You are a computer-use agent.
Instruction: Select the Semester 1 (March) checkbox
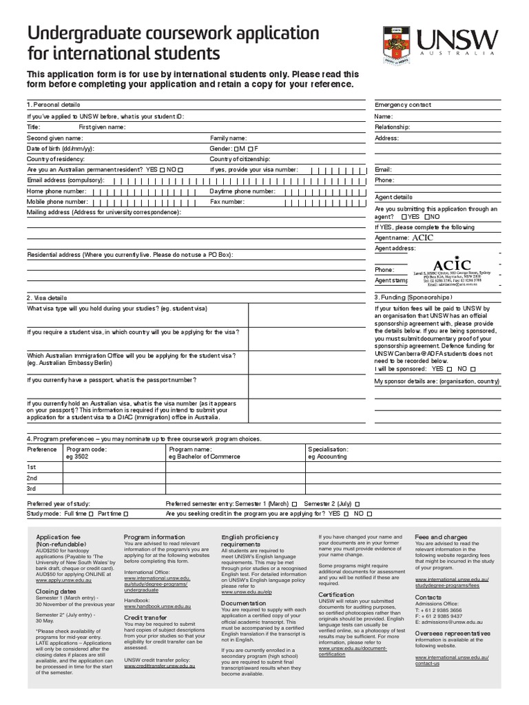[294, 503]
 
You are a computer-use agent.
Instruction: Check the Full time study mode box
[92, 514]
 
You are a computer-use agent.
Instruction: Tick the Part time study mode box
[125, 514]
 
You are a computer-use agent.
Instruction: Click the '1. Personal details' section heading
[53, 105]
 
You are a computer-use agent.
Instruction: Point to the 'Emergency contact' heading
[403, 105]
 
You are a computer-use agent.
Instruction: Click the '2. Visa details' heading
[47, 298]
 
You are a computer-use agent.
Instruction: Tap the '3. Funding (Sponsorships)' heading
[413, 297]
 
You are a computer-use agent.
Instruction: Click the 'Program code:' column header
[86, 449]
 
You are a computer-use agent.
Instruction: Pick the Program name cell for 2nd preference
[234, 478]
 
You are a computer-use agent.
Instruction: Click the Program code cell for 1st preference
[114, 467]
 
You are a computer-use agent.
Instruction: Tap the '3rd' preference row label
[32, 488]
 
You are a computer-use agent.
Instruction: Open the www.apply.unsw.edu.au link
[63, 580]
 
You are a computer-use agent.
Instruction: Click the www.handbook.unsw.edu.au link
[157, 606]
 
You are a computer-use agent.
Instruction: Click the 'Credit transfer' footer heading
[145, 618]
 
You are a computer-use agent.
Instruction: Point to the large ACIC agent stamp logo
[452, 264]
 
